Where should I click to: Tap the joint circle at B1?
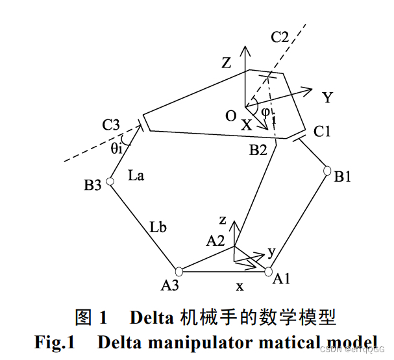[328, 171]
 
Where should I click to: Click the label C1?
[323, 132]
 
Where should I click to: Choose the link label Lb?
[158, 228]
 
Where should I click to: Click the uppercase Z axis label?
[226, 63]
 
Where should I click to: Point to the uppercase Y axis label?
[327, 98]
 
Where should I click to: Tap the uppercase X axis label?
[246, 126]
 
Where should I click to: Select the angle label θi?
[116, 149]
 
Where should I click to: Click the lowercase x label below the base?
[240, 285]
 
